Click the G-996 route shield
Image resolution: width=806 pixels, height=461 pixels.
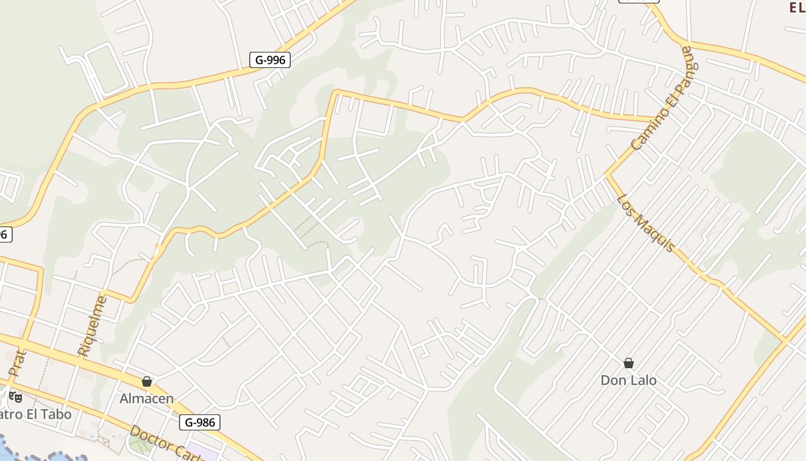[269, 59]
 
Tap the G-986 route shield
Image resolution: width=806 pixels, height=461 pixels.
[200, 422]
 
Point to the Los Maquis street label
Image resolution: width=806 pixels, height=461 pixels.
[645, 223]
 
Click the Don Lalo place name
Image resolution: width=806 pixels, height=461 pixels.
[628, 380]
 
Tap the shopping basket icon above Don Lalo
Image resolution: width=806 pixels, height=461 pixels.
[629, 363]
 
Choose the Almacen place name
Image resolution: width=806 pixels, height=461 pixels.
[146, 398]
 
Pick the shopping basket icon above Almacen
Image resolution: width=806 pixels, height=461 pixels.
[147, 381]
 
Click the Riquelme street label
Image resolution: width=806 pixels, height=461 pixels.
[92, 326]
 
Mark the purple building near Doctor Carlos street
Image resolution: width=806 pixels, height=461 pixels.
[201, 453]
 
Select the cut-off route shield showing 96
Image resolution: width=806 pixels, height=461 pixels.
[5, 235]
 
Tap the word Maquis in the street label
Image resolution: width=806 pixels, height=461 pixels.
[657, 234]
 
